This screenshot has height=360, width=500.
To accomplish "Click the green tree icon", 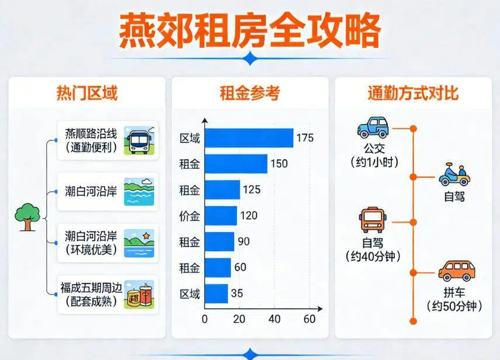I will tap(26, 216).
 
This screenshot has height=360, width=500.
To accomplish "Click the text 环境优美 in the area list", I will tap(91, 250).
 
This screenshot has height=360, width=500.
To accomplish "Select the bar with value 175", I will tap(249, 139).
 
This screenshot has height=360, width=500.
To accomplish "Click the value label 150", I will tap(279, 164).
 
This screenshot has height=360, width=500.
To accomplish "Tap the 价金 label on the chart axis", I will tap(190, 216).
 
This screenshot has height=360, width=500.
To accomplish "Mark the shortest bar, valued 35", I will tap(216, 293).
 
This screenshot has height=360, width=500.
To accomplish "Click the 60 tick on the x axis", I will tap(310, 319).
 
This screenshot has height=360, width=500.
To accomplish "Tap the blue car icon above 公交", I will tap(373, 127).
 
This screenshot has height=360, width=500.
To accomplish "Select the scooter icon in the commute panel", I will tap(454, 175).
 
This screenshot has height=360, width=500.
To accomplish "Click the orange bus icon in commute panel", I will tap(373, 220).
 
